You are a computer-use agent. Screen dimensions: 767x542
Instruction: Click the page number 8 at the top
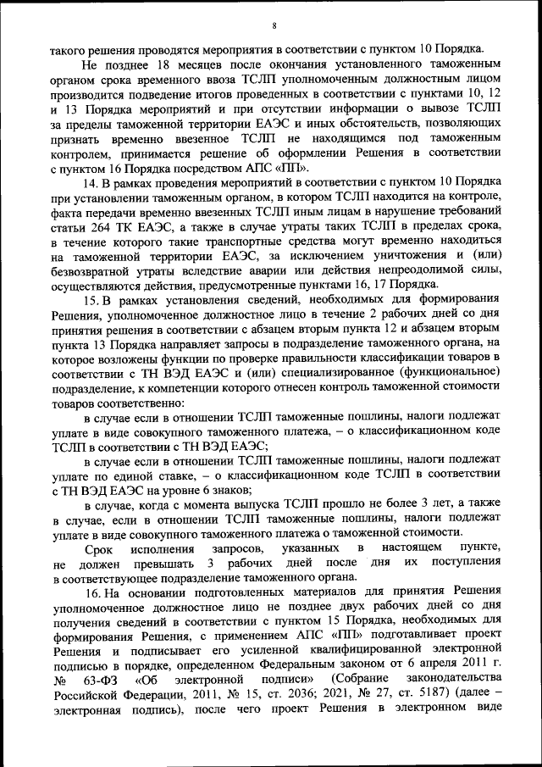274,26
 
